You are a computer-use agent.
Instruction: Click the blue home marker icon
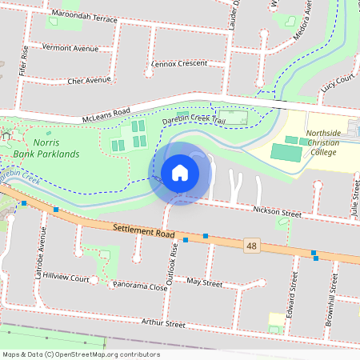click(x=180, y=173)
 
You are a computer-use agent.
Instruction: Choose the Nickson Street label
click(x=276, y=214)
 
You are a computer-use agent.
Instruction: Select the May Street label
click(x=203, y=282)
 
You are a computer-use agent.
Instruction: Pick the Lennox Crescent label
click(x=178, y=63)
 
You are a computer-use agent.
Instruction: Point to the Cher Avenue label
click(x=90, y=81)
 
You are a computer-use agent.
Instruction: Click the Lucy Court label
click(x=338, y=80)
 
